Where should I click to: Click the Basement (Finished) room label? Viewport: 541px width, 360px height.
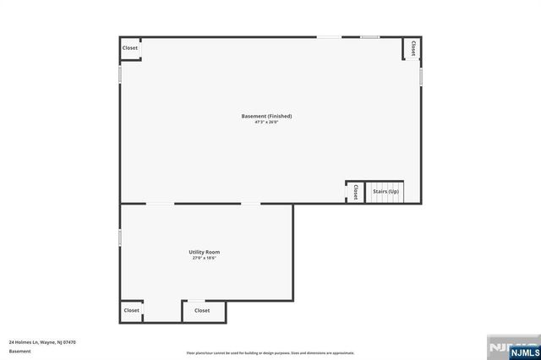(x=266, y=116)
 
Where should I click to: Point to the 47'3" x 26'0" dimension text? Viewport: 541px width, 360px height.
(x=266, y=123)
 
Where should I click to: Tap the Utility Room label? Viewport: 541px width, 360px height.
(x=204, y=252)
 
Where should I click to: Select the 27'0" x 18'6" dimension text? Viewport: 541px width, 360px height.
(x=204, y=259)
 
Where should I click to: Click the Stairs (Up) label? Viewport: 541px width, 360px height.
(x=385, y=192)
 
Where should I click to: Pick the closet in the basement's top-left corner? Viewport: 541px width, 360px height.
(x=130, y=48)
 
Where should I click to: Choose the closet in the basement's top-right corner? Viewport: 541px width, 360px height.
(x=413, y=48)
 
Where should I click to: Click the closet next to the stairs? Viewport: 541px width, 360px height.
(x=355, y=192)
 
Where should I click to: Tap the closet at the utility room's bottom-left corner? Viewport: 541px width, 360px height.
(x=131, y=311)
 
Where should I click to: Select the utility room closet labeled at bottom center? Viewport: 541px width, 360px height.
(x=203, y=311)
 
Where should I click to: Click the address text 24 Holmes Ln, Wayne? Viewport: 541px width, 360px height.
(x=42, y=342)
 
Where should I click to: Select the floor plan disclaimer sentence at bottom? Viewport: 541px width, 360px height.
(x=270, y=352)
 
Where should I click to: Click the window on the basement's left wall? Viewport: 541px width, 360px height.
(x=120, y=74)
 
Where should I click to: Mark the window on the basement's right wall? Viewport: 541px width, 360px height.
(x=421, y=76)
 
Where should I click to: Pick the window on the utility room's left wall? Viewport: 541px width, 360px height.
(x=120, y=238)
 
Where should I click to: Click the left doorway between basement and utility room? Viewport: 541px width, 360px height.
(x=161, y=204)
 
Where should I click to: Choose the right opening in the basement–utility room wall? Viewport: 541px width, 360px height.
(x=251, y=204)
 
